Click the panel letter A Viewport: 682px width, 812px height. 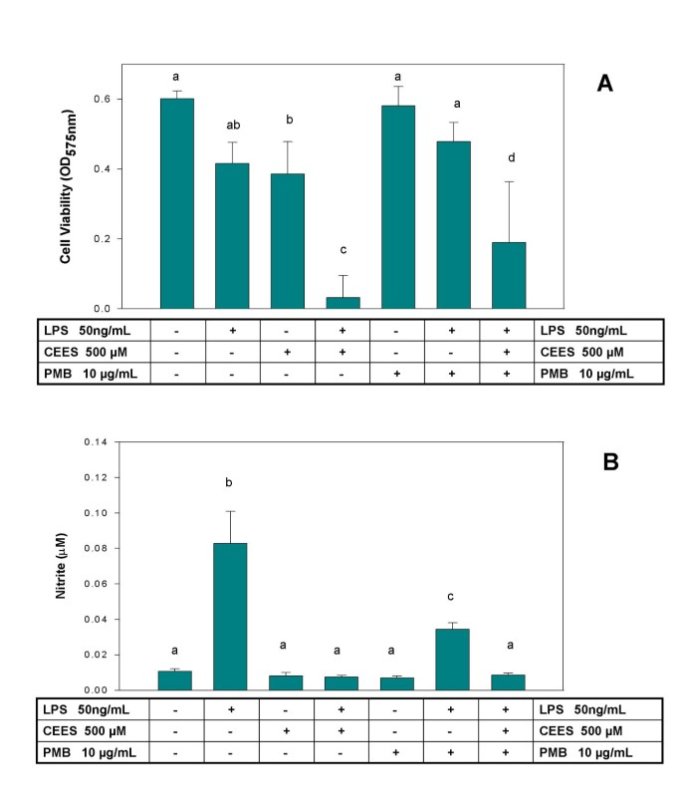click(x=604, y=84)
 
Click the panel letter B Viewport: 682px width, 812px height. click(x=604, y=463)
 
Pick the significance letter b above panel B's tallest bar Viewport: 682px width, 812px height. click(x=229, y=483)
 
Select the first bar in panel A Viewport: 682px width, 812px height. click(x=177, y=203)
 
